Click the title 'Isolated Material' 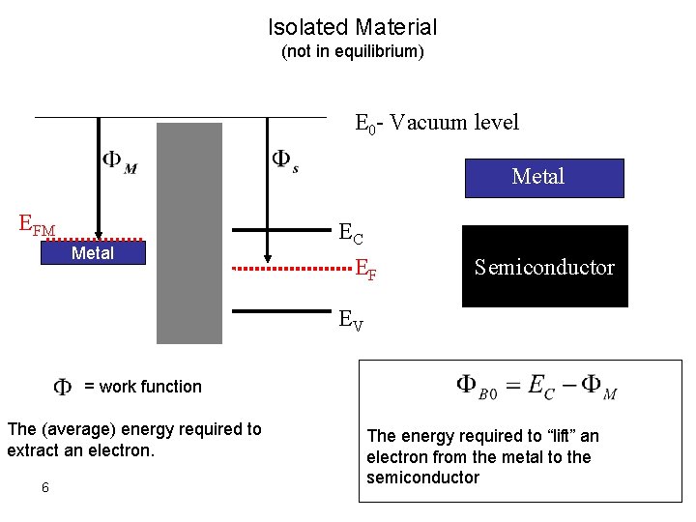pos(352,28)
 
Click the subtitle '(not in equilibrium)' pos(352,51)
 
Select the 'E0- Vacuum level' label pos(437,123)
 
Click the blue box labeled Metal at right pos(542,177)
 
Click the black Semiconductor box pos(544,267)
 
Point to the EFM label pos(38,227)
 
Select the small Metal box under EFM pos(93,253)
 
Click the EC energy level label pos(351,233)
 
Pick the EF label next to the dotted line pos(365,269)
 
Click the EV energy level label pos(350,320)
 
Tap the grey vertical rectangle pos(189,233)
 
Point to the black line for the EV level pos(279,311)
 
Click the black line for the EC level pos(279,230)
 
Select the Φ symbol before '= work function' pos(62,387)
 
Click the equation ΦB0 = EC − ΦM pos(536,386)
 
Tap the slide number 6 pos(45,487)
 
